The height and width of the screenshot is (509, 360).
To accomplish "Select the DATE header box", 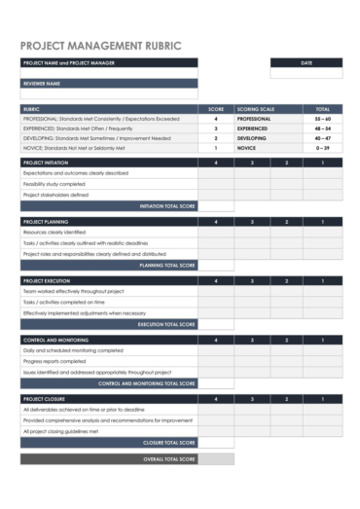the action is pos(306,62).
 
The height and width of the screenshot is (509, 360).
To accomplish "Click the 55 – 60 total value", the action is pos(322,119).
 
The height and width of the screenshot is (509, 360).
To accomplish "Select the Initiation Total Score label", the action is pos(167,206).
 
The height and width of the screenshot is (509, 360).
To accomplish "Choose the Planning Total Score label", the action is pos(167,265).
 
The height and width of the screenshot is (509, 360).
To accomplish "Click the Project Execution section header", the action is pos(46,280).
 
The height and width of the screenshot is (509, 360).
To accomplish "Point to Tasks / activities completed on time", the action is pos(63,302).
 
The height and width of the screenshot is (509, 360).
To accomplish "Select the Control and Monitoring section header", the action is pos(55,340).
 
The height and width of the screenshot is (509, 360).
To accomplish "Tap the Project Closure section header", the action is pos(44,399).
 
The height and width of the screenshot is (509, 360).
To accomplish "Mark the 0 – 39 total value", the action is pos(322,148).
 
